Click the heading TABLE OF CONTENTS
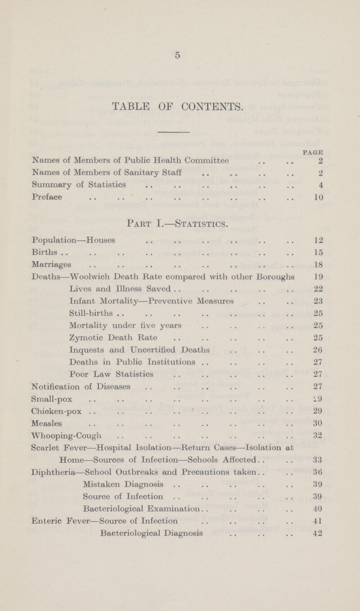(180, 106)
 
